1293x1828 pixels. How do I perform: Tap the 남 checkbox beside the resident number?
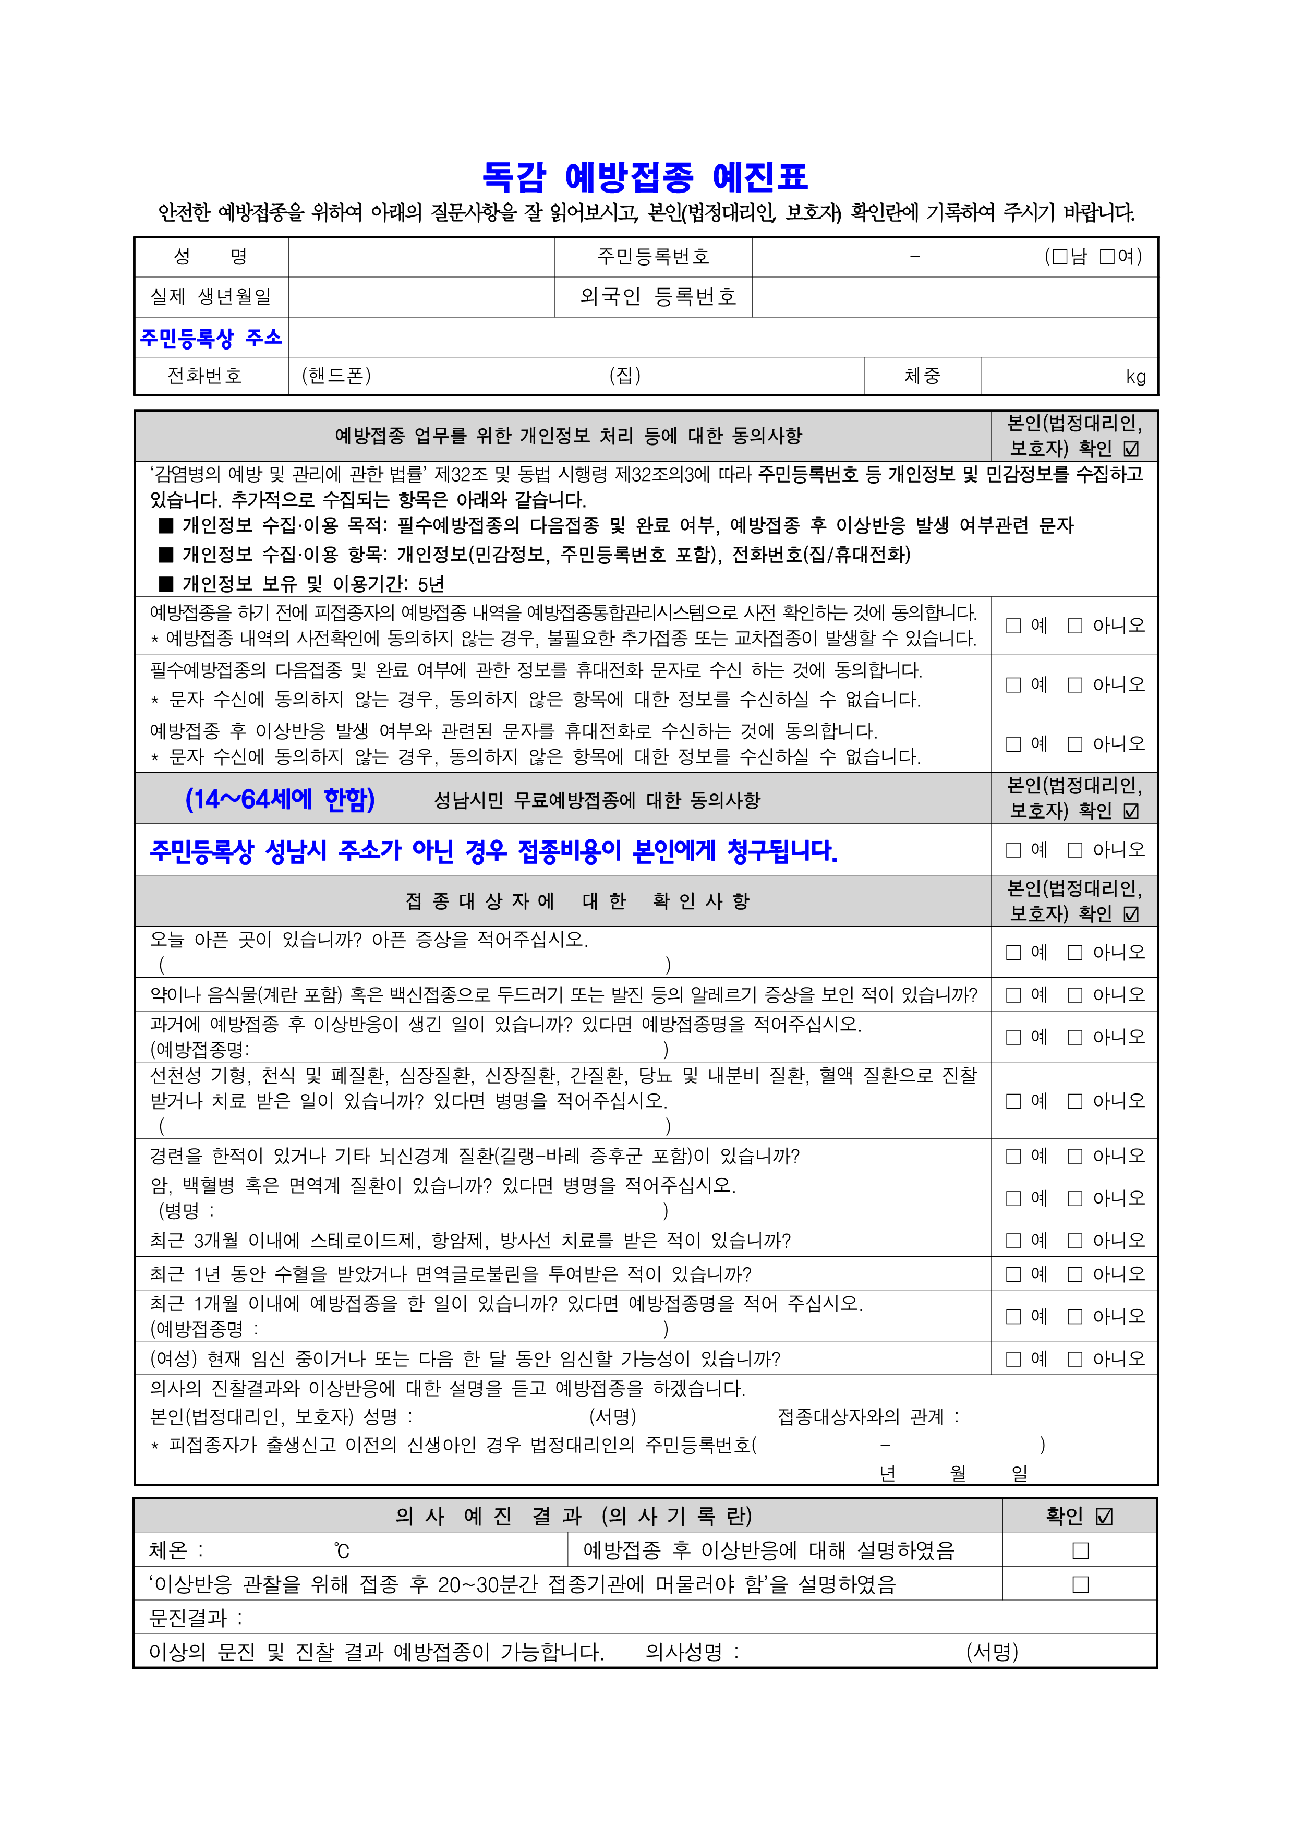(x=1060, y=256)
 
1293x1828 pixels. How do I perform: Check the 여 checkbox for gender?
(x=1107, y=256)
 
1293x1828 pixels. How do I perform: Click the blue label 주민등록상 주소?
(x=211, y=338)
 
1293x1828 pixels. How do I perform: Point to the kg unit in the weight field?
(x=1136, y=377)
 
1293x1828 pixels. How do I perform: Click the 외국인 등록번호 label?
(x=658, y=297)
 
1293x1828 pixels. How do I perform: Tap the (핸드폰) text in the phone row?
(x=336, y=376)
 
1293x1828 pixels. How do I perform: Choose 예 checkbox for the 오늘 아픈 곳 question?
(x=1013, y=952)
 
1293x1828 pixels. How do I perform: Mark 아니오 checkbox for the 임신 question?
(x=1075, y=1359)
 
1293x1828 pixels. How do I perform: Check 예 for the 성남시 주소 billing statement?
(x=1013, y=850)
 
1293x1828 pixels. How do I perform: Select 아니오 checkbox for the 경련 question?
(x=1075, y=1156)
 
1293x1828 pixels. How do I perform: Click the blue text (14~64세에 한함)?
(x=280, y=799)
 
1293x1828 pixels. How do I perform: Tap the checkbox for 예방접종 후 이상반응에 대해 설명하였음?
(x=1080, y=1551)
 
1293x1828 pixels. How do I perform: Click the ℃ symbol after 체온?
(x=342, y=1551)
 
